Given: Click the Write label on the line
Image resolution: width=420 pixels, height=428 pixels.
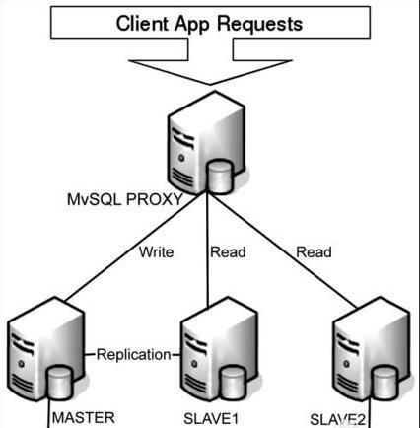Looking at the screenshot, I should pos(155,252).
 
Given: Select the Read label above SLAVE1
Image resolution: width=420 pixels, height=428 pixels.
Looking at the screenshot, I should pos(228,252).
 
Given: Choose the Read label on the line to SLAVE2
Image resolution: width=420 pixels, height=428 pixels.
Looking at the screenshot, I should pos(314,252).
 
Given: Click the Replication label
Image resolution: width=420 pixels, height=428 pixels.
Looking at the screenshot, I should pos(133,355).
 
